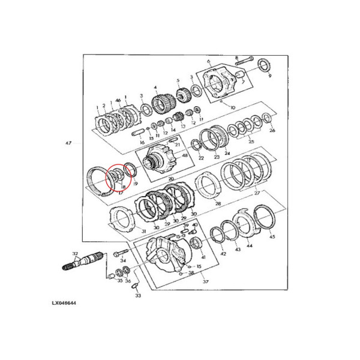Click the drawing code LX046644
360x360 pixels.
tap(63, 303)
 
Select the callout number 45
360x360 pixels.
tap(272, 237)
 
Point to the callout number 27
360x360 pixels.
tap(257, 193)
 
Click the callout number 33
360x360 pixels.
tap(137, 295)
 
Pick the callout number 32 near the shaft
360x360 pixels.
tap(74, 254)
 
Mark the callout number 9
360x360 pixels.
tap(269, 76)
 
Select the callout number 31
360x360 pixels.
tap(143, 232)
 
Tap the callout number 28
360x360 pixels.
tap(218, 204)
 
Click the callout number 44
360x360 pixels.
tap(250, 245)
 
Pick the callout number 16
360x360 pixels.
tap(142, 143)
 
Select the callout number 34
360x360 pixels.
tap(122, 260)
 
